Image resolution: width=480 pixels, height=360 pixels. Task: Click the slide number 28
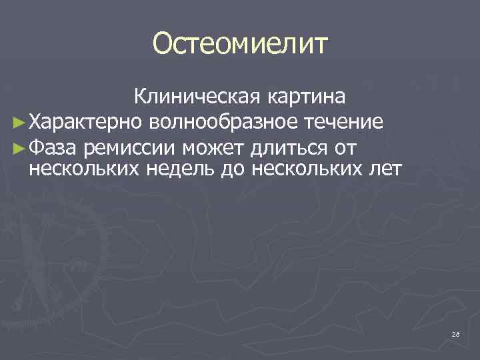click(455, 333)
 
